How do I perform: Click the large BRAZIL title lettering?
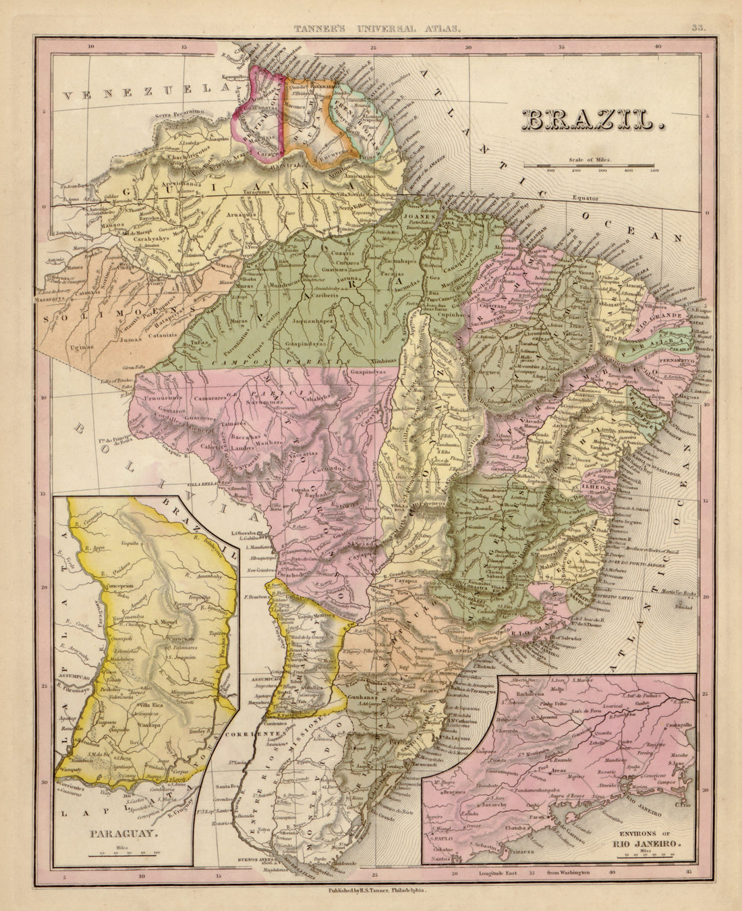coord(592,119)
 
